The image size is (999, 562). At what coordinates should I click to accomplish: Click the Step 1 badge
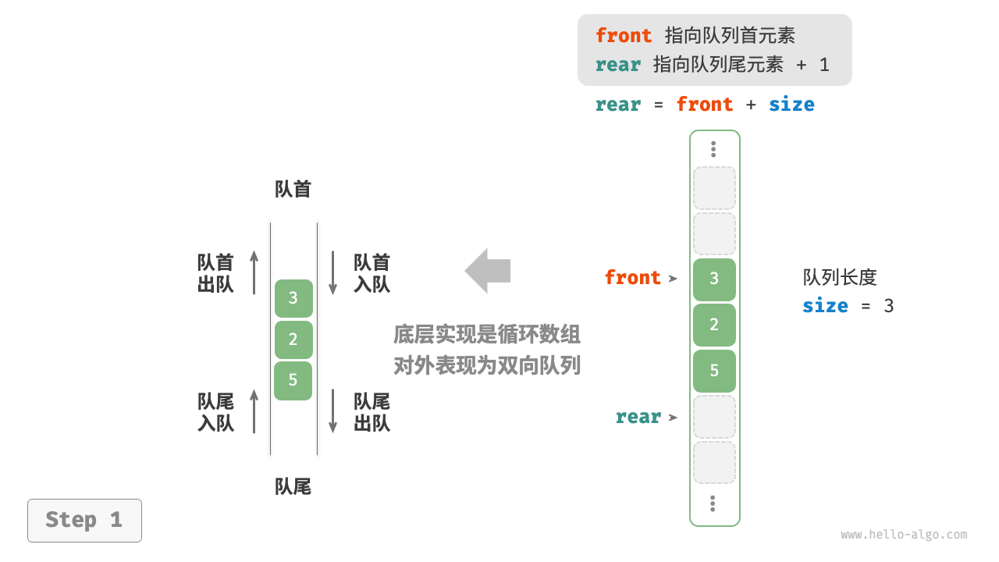(x=84, y=520)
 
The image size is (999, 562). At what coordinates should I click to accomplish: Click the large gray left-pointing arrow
(x=488, y=271)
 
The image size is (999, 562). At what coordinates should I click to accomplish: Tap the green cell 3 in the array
(x=714, y=279)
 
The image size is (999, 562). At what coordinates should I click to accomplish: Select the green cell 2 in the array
(x=714, y=325)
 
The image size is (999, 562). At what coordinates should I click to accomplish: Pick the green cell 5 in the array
(x=714, y=371)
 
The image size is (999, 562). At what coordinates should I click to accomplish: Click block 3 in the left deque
(x=293, y=298)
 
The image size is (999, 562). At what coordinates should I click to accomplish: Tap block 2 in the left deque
(x=293, y=340)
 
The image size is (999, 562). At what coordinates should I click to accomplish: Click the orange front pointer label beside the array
(x=633, y=278)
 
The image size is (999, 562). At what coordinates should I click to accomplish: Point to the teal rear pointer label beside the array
(x=638, y=417)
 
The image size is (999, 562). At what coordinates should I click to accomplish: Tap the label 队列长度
(x=840, y=277)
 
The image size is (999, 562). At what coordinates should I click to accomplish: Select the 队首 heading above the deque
(x=293, y=190)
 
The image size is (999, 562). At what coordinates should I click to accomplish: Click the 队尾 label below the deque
(x=293, y=487)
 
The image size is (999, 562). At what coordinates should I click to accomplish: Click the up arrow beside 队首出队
(x=254, y=272)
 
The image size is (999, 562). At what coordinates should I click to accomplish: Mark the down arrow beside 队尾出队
(x=333, y=411)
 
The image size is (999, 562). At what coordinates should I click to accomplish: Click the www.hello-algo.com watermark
(x=904, y=535)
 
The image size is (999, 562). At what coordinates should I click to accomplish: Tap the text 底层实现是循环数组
(x=487, y=335)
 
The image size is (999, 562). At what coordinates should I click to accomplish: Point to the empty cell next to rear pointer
(x=714, y=417)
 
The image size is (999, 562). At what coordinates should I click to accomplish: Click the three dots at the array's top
(x=713, y=149)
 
